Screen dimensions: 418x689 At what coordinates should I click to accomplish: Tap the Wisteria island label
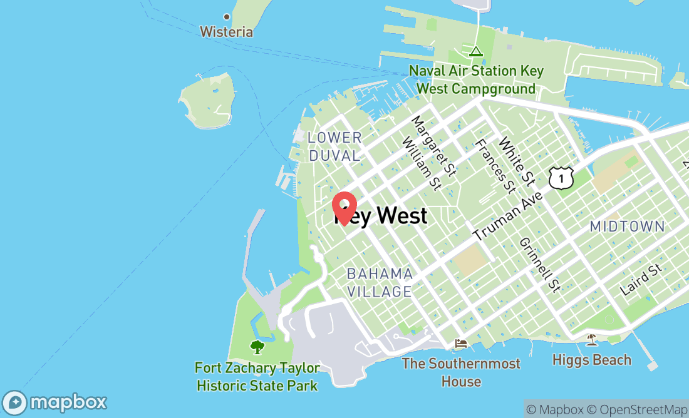pos(226,31)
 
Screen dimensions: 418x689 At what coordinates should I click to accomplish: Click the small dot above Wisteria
pos(227,17)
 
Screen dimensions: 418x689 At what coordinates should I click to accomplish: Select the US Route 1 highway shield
pos(561,178)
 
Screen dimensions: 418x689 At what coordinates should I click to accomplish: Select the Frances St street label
pos(495,166)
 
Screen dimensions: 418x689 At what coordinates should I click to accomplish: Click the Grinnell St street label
pos(539,264)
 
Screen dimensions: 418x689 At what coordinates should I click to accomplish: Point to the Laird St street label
pos(641,280)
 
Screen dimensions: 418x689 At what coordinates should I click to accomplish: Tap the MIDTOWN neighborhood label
pos(627,227)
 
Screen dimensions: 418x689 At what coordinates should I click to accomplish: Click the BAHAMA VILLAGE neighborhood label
pos(380,282)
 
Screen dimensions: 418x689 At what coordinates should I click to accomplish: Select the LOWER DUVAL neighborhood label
pos(334,146)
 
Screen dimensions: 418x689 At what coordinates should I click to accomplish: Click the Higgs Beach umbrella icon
pos(591,340)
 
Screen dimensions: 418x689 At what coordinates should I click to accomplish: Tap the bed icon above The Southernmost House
pos(461,343)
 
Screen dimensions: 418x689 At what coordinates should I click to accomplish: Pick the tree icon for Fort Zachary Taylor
pos(257,347)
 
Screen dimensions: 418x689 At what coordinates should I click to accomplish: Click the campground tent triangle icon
pos(476,51)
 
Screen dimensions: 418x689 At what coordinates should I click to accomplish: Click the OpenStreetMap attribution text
pos(641,409)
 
